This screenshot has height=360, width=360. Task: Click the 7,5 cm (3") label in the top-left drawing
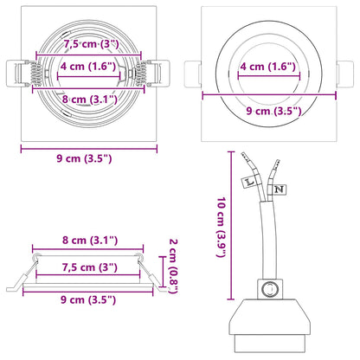click(90, 43)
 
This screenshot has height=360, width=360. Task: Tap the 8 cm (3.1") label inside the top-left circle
click(89, 98)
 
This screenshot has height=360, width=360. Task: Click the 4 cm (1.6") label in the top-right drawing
click(268, 66)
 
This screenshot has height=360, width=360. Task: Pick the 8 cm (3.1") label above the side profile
click(89, 239)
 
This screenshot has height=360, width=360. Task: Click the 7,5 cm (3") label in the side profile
click(89, 268)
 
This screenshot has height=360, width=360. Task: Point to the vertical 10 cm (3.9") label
click(223, 226)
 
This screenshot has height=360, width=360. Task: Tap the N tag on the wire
click(279, 188)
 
